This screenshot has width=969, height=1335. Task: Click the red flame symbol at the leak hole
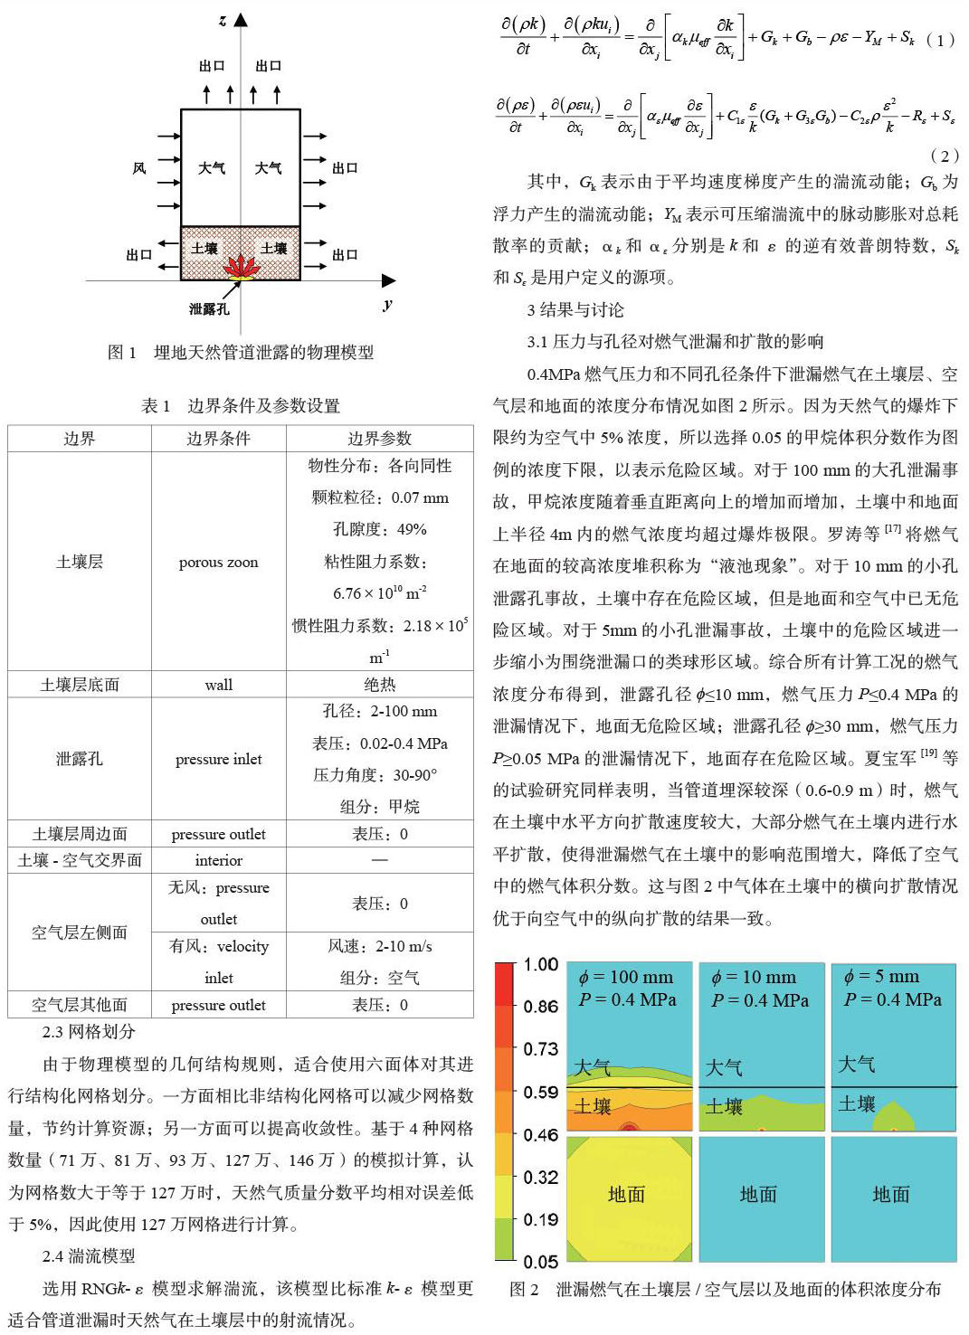[241, 267]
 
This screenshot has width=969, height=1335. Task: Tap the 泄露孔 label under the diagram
[209, 309]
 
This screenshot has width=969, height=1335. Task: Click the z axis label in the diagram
[223, 20]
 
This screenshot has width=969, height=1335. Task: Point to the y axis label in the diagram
[387, 304]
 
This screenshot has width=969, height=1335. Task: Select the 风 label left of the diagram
[139, 168]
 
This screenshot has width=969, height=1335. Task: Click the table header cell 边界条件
[218, 439]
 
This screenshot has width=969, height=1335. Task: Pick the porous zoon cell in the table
[218, 562]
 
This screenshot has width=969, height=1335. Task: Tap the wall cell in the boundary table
[218, 685]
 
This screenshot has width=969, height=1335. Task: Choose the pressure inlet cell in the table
[218, 759]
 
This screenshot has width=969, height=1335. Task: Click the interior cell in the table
[218, 860]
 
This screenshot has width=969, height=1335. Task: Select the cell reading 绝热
[380, 685]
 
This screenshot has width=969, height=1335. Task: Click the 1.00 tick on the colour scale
[541, 964]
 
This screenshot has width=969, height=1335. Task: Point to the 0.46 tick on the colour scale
[541, 1134]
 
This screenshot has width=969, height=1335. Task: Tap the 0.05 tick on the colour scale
[541, 1261]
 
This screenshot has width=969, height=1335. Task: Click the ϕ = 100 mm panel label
[626, 977]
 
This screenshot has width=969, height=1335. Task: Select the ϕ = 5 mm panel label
[881, 977]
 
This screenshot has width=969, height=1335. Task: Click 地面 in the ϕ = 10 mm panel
[758, 1195]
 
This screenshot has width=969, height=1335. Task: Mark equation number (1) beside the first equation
[940, 40]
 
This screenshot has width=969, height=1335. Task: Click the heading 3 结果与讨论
[575, 310]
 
